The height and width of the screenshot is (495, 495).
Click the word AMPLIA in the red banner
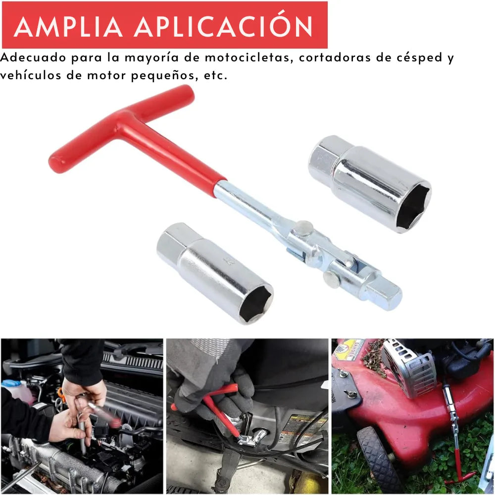pyautogui.click(x=68, y=27)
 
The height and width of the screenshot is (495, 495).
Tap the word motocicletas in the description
pyautogui.click(x=247, y=57)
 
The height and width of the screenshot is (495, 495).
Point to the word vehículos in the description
pyautogui.click(x=31, y=75)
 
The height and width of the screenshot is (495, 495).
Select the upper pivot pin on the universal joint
pyautogui.click(x=304, y=227)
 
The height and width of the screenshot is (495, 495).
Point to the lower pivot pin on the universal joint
pyautogui.click(x=331, y=279)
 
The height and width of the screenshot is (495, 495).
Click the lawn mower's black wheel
pyautogui.click(x=378, y=457)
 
